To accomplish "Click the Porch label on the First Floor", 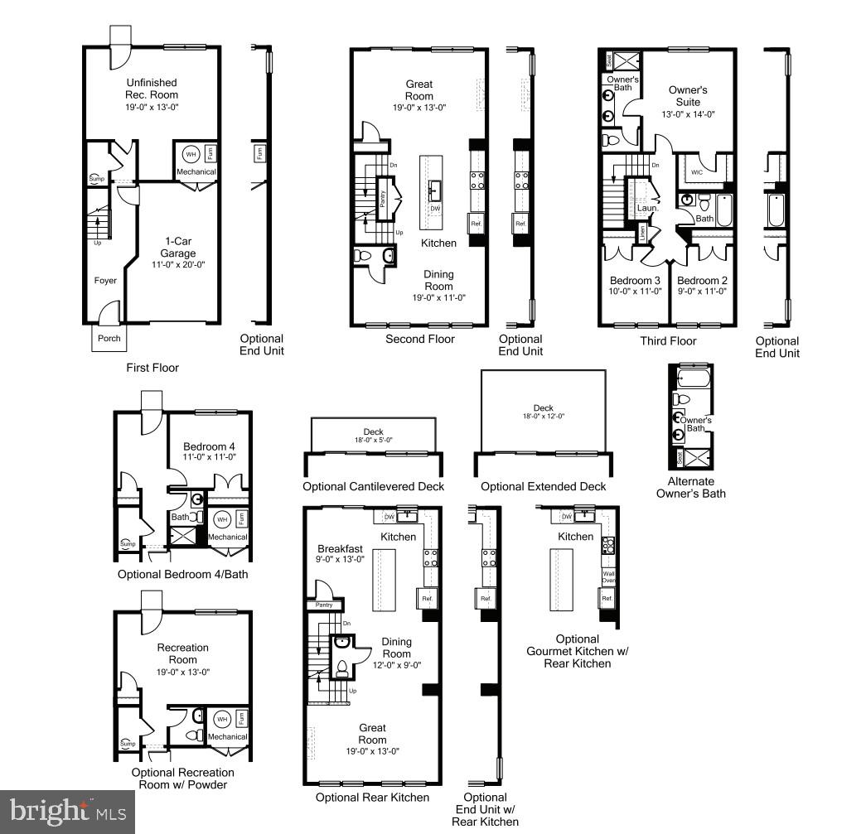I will [109, 338].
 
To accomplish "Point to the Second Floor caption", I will [420, 339].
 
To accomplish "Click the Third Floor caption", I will [668, 340].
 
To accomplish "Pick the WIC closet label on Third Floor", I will [697, 172].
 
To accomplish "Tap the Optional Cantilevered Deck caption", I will [373, 486].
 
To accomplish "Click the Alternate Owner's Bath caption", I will [690, 487].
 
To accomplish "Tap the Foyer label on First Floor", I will [105, 281].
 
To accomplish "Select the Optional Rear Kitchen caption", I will [372, 797].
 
